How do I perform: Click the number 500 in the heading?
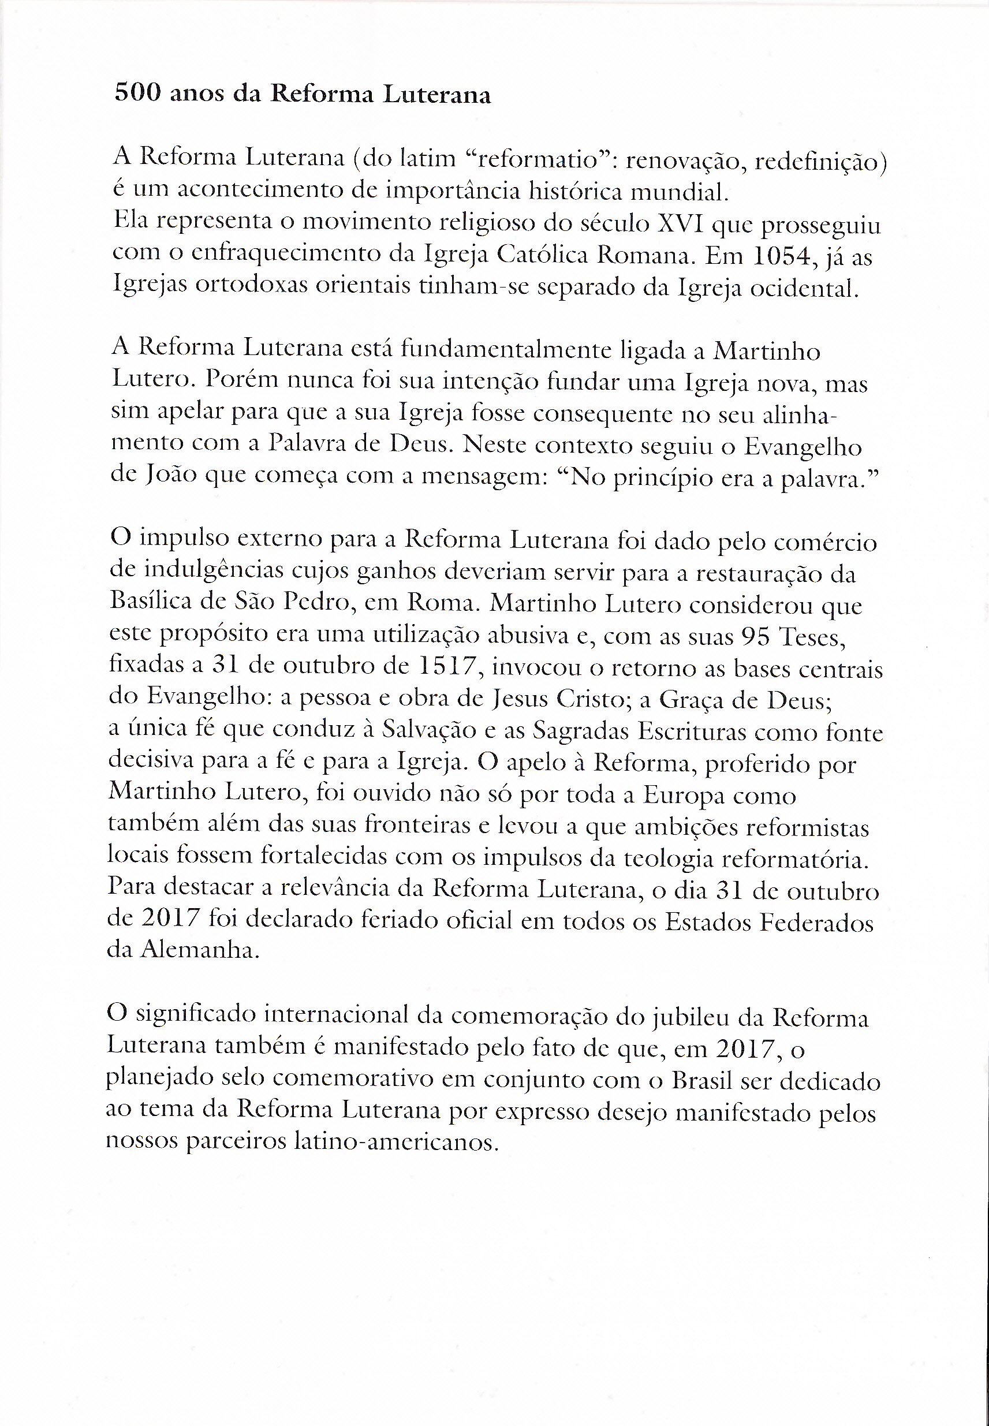[x=137, y=93]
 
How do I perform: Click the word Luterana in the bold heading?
[x=437, y=95]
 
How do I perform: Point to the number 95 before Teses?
[x=755, y=636]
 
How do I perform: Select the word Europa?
[x=684, y=796]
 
